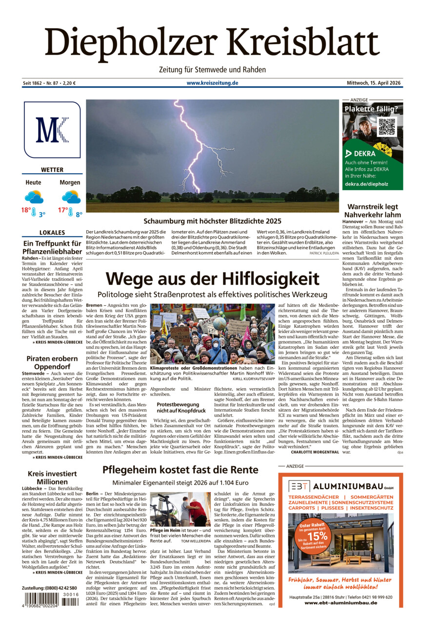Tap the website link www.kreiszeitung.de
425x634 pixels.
coord(212,83)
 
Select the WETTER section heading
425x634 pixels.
coord(52,170)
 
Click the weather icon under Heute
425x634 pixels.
coord(34,197)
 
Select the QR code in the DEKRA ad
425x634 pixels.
coord(387,127)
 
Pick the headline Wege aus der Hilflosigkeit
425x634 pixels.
coord(212,279)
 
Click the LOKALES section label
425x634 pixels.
coord(52,233)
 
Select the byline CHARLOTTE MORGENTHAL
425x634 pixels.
coord(315,452)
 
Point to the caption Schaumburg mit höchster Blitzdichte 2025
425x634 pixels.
coord(212,221)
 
